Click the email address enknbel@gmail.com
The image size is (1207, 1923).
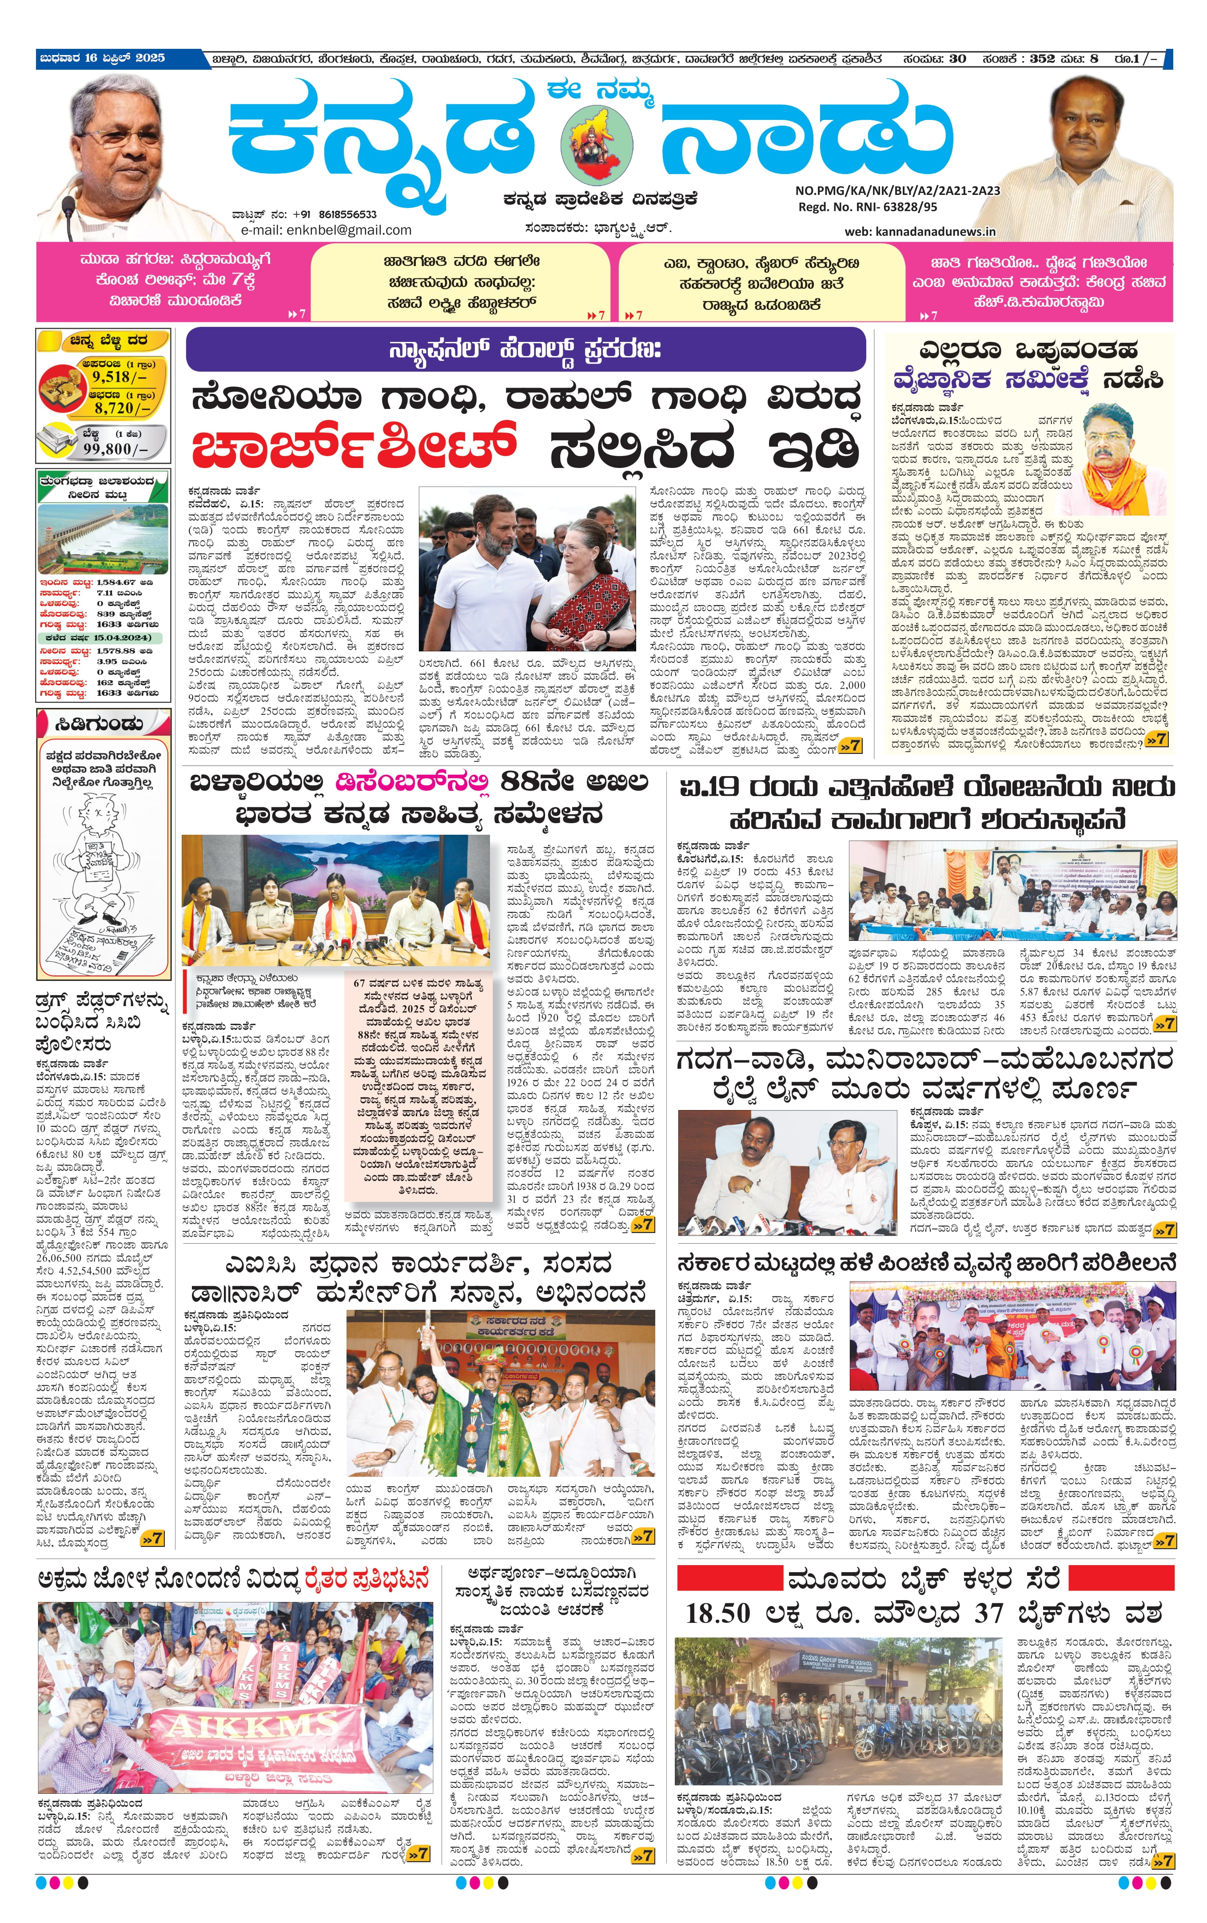pyautogui.click(x=343, y=230)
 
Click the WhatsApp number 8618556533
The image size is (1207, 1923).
pyautogui.click(x=347, y=214)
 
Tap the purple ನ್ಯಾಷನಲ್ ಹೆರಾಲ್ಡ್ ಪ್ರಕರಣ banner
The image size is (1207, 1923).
pyautogui.click(x=525, y=349)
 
